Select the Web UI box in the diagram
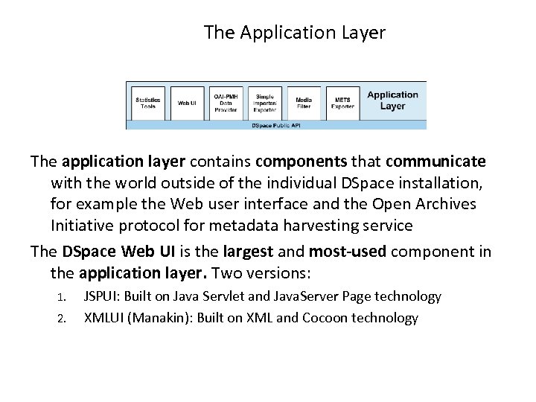(x=187, y=103)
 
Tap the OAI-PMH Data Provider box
(x=226, y=103)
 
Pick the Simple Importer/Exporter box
(x=265, y=103)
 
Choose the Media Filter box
(x=304, y=103)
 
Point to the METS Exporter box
(x=342, y=103)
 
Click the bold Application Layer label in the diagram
(x=392, y=100)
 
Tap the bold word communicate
(x=435, y=162)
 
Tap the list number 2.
(x=63, y=319)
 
